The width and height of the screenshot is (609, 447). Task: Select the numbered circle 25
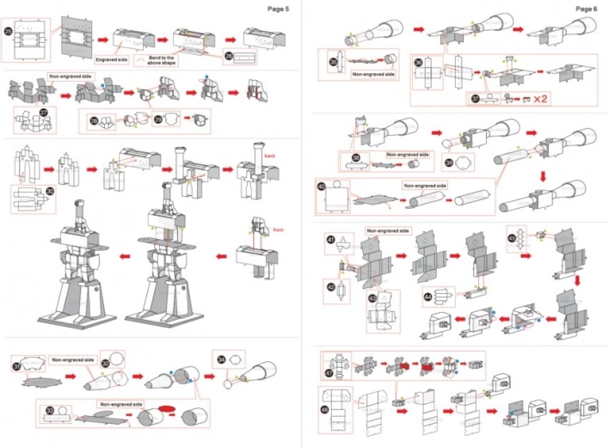[9, 31]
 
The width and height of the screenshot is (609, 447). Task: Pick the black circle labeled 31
[16, 367]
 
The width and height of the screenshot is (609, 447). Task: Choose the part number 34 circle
[221, 360]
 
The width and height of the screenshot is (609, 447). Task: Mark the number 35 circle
[334, 62]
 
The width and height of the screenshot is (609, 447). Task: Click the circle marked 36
[418, 62]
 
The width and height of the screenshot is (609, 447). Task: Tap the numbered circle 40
[321, 186]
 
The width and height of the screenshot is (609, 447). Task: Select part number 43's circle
[372, 297]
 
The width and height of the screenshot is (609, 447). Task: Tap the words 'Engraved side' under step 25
[111, 60]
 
